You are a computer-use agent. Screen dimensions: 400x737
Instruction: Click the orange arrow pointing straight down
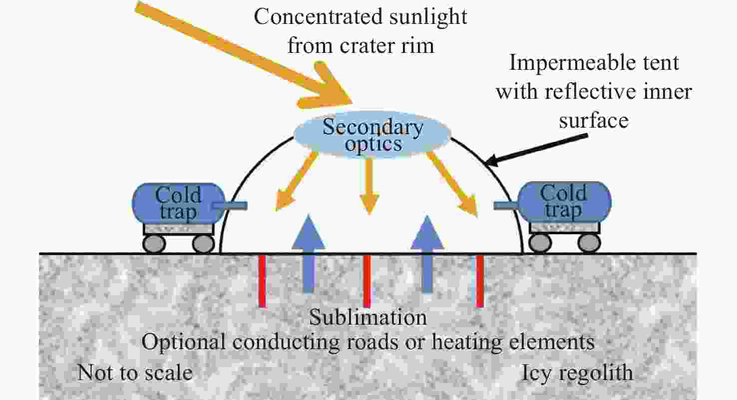pyautogui.click(x=369, y=185)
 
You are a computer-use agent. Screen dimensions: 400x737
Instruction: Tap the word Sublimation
pyautogui.click(x=368, y=317)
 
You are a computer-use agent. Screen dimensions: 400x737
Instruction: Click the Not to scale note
pyautogui.click(x=135, y=373)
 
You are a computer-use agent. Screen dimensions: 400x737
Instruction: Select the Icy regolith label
pyautogui.click(x=577, y=373)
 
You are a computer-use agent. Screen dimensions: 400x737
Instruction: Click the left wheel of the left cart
pyautogui.click(x=154, y=243)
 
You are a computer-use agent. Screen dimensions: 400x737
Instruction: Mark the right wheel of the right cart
pyautogui.click(x=589, y=243)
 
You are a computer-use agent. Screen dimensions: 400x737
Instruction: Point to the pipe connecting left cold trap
pyautogui.click(x=230, y=205)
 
